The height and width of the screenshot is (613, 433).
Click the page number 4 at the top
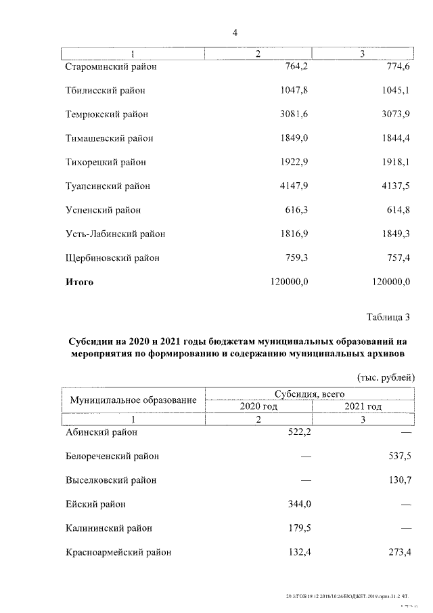click(235, 32)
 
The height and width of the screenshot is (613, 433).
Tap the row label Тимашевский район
click(109, 138)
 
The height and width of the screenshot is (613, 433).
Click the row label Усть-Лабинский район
click(115, 234)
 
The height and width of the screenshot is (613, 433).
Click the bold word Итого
click(79, 282)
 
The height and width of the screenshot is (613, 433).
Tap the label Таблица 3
click(388, 317)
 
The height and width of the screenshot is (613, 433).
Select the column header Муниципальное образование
click(133, 400)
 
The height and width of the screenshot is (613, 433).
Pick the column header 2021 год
click(363, 406)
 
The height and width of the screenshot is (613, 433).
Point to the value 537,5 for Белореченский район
click(397, 456)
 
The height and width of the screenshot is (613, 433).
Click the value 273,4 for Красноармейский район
click(397, 553)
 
